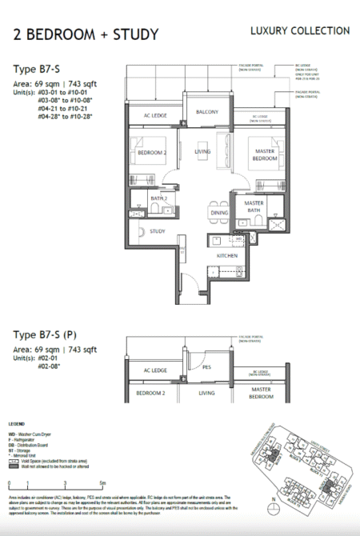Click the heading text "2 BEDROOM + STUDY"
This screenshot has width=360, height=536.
(86, 34)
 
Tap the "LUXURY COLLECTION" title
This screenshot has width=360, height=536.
(299, 30)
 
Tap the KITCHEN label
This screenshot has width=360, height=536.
(228, 254)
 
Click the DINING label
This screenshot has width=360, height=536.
(219, 214)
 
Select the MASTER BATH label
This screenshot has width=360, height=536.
(254, 207)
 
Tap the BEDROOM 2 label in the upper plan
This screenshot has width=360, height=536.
(150, 152)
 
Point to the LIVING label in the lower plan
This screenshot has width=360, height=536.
(207, 394)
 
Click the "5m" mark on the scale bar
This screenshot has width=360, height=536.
(102, 483)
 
